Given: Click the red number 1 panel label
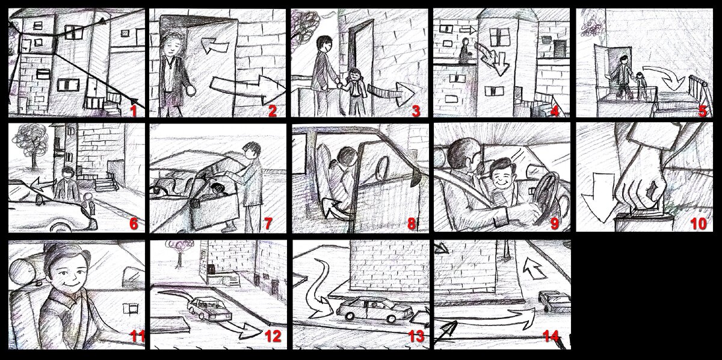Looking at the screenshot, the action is [134, 111].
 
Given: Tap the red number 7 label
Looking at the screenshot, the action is [268, 223].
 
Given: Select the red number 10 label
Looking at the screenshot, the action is [699, 223].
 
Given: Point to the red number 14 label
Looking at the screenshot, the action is [551, 336].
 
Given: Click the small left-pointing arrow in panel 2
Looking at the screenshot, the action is [215, 46].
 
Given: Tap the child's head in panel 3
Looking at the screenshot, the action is [354, 75].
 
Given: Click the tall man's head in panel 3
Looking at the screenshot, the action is [324, 44].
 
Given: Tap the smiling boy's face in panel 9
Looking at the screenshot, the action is [502, 176].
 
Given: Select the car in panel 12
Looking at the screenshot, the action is [209, 308].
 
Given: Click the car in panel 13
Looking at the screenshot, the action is [374, 309].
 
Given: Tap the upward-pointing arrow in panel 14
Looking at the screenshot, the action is [534, 267].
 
